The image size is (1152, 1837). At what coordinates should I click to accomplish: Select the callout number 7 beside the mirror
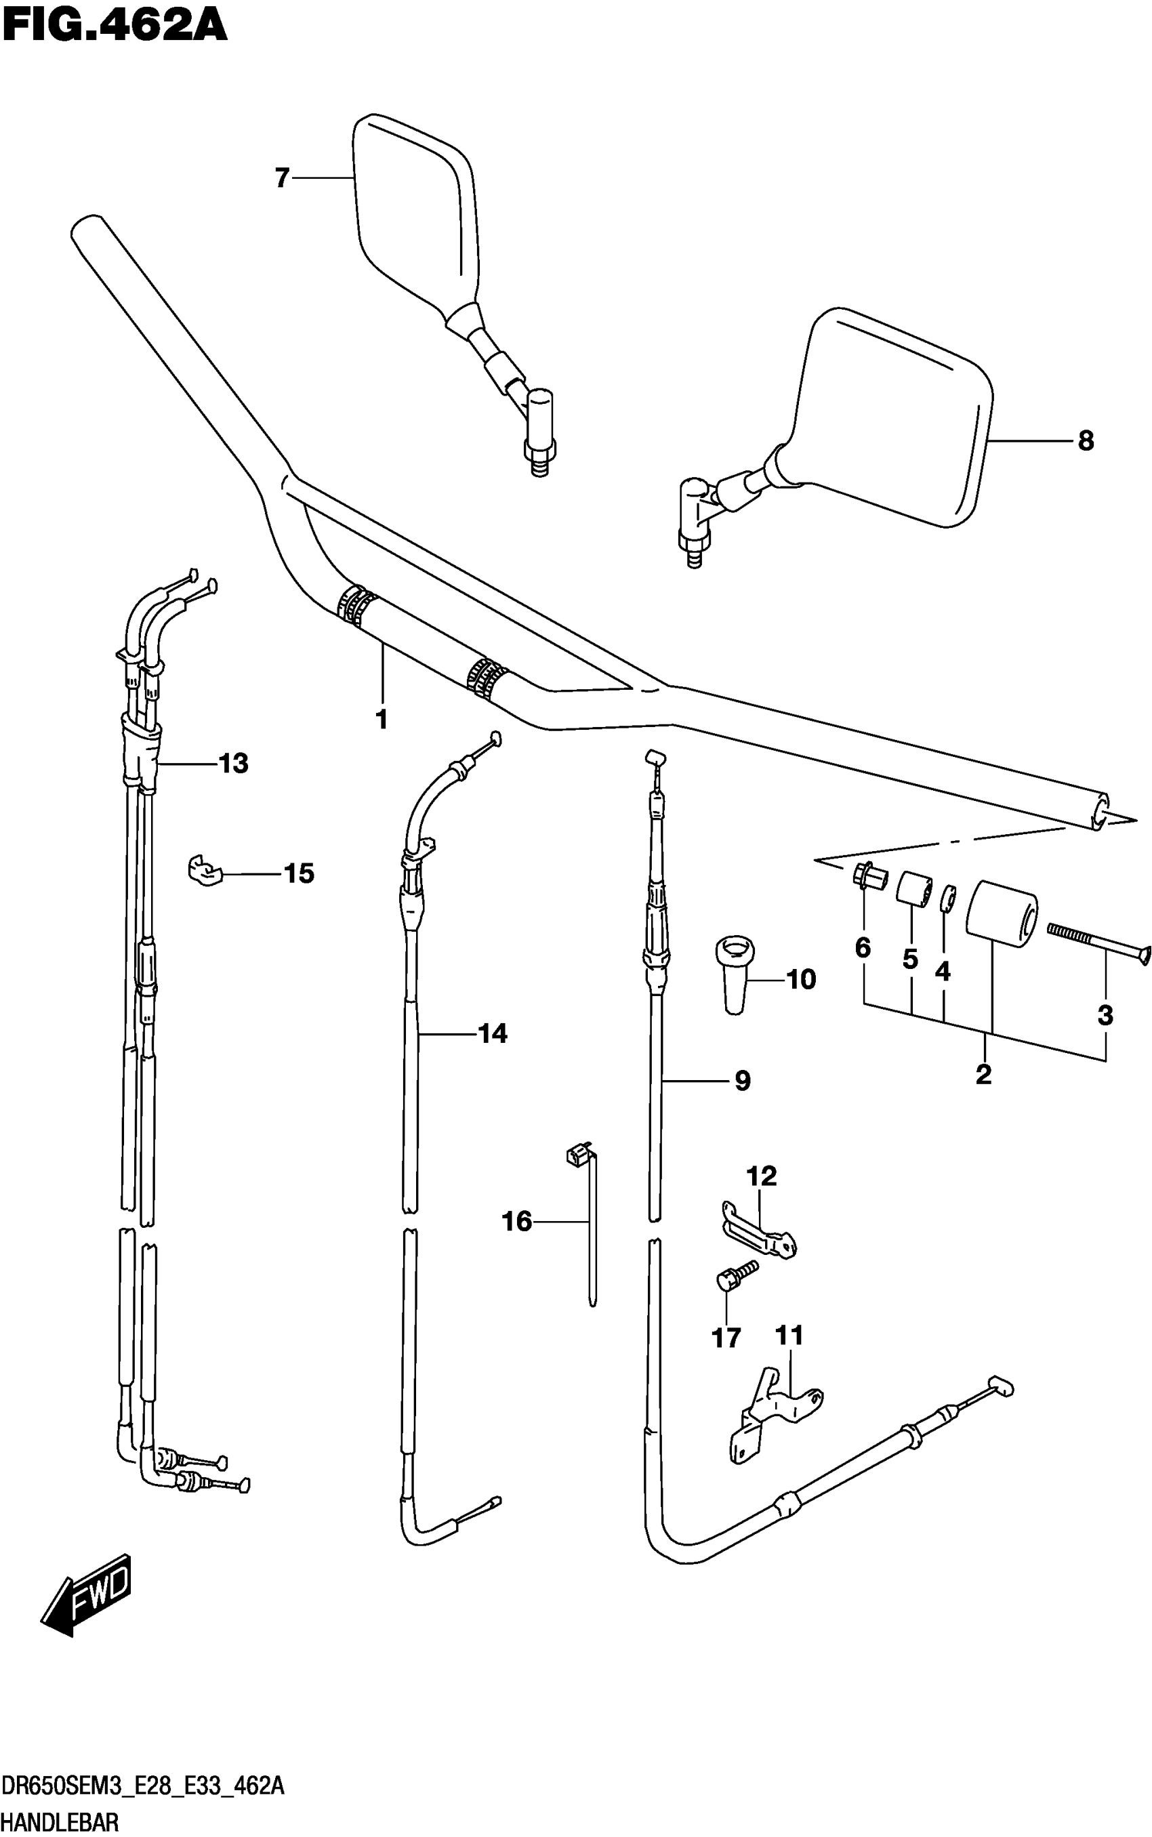pyautogui.click(x=282, y=178)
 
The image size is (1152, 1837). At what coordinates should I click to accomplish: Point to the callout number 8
pyautogui.click(x=1086, y=440)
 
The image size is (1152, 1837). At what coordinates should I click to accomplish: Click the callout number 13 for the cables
pyautogui.click(x=233, y=763)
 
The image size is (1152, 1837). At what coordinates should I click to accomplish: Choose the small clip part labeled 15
pyautogui.click(x=204, y=871)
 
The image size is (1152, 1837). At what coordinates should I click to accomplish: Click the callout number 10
pyautogui.click(x=800, y=979)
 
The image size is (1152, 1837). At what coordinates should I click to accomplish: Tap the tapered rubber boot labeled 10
pyautogui.click(x=735, y=974)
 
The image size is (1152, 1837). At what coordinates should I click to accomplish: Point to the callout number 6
pyautogui.click(x=863, y=948)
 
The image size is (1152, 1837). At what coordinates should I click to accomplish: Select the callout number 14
pyautogui.click(x=492, y=1033)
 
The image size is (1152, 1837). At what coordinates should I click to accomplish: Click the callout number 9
pyautogui.click(x=742, y=1080)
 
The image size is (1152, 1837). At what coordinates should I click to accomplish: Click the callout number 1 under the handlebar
pyautogui.click(x=382, y=718)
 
